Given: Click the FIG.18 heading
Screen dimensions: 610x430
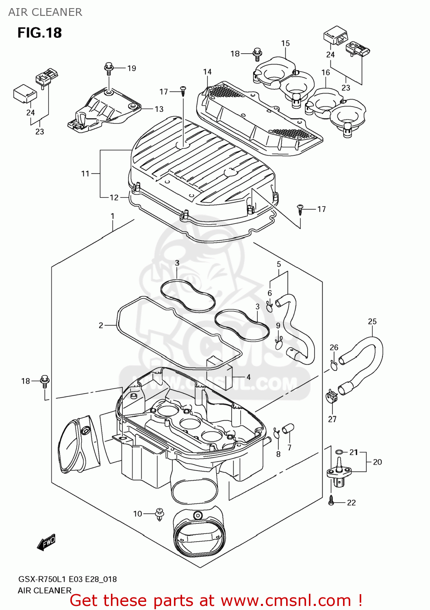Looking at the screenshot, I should tap(39, 33).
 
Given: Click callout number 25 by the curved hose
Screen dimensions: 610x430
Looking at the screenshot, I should tap(372, 322).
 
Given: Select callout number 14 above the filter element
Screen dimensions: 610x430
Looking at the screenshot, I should tap(207, 72).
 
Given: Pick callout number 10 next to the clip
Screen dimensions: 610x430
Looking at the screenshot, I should tap(137, 514).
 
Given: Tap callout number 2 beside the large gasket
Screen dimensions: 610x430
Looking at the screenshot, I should tap(101, 325).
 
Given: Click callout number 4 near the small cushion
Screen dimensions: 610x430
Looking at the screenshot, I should tap(248, 377).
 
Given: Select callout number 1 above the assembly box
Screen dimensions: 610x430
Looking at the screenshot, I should tap(113, 216).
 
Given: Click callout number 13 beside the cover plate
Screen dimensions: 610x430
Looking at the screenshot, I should tap(159, 109).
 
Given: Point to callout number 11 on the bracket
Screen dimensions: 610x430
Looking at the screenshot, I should tap(85, 174).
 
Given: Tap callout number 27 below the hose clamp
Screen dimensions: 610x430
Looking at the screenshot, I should tap(332, 419).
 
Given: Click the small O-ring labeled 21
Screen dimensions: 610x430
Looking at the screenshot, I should tap(339, 452).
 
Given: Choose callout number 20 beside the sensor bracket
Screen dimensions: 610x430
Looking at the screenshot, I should tap(377, 462).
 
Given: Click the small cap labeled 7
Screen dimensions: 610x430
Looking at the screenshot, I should tap(289, 429).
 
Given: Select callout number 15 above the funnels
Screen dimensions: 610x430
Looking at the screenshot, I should tap(285, 43).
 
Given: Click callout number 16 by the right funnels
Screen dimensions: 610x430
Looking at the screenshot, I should tap(326, 72).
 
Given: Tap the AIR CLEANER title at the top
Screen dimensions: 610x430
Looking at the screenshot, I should tap(45, 12).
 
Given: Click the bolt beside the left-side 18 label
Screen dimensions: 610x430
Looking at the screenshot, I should tap(45, 381).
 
